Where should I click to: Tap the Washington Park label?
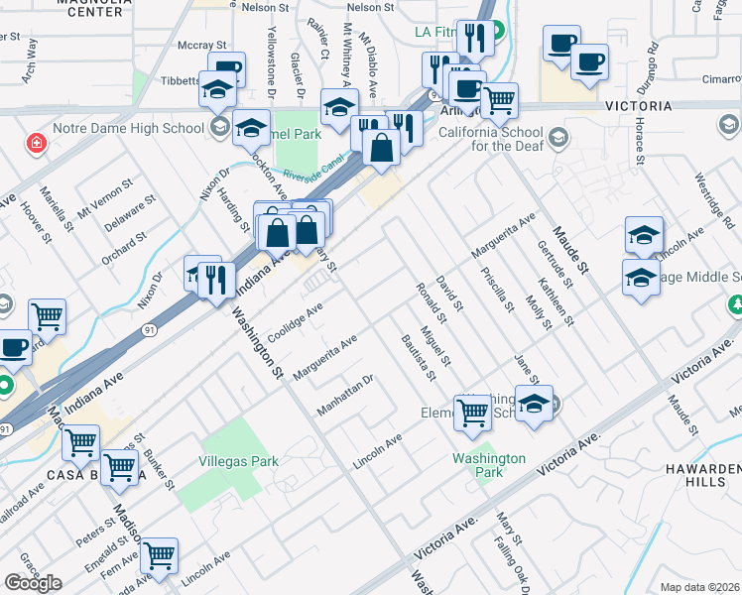coord(489,465)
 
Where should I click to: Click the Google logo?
coord(33,583)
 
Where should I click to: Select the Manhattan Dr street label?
coord(344,395)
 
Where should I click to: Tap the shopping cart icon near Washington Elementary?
coord(473,413)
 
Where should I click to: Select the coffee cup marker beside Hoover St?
coord(14,347)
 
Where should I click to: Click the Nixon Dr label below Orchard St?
coord(152,291)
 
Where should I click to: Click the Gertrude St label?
coord(564,261)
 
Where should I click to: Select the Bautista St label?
coord(419,357)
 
